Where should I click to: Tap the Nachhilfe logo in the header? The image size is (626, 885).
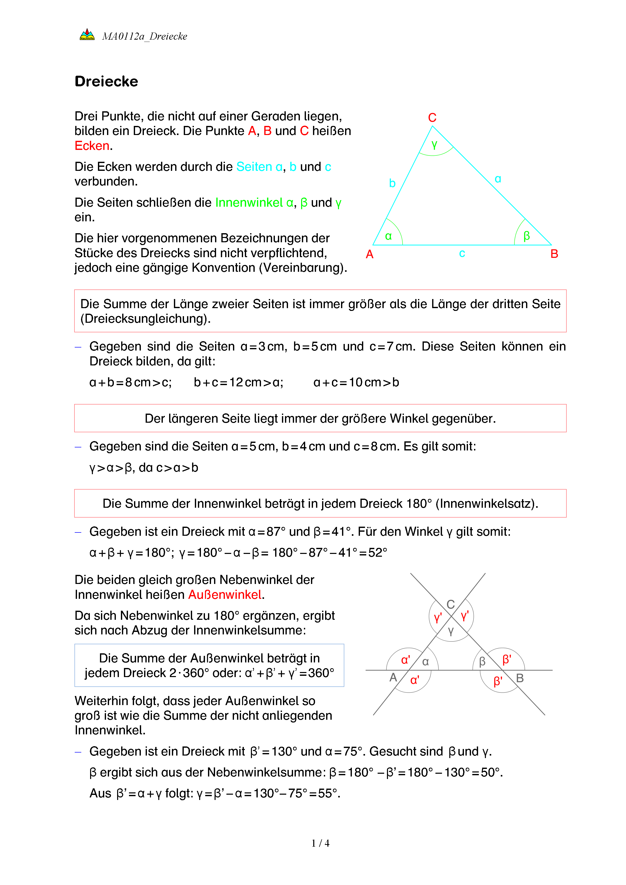pyautogui.click(x=87, y=35)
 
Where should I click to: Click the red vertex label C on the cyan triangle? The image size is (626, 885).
pyautogui.click(x=432, y=118)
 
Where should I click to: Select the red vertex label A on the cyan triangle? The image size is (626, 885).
pyautogui.click(x=370, y=254)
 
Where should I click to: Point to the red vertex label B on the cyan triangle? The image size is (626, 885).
pyautogui.click(x=554, y=254)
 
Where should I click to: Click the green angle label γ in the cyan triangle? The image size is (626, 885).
pyautogui.click(x=434, y=145)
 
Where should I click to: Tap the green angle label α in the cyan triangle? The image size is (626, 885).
pyautogui.click(x=388, y=236)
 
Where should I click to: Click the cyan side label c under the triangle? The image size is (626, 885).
pyautogui.click(x=462, y=254)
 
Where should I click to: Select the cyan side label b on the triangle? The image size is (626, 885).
pyautogui.click(x=393, y=183)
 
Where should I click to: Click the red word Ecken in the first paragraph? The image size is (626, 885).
pyautogui.click(x=92, y=146)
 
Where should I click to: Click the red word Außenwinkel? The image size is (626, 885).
pyautogui.click(x=225, y=595)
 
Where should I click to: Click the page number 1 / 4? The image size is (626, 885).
pyautogui.click(x=320, y=843)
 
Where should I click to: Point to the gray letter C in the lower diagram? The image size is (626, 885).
pyautogui.click(x=451, y=604)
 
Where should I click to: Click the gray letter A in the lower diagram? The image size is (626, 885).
pyautogui.click(x=393, y=677)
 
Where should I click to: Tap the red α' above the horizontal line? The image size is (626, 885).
pyautogui.click(x=406, y=660)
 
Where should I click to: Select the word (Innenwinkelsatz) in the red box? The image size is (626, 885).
pyautogui.click(x=486, y=504)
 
